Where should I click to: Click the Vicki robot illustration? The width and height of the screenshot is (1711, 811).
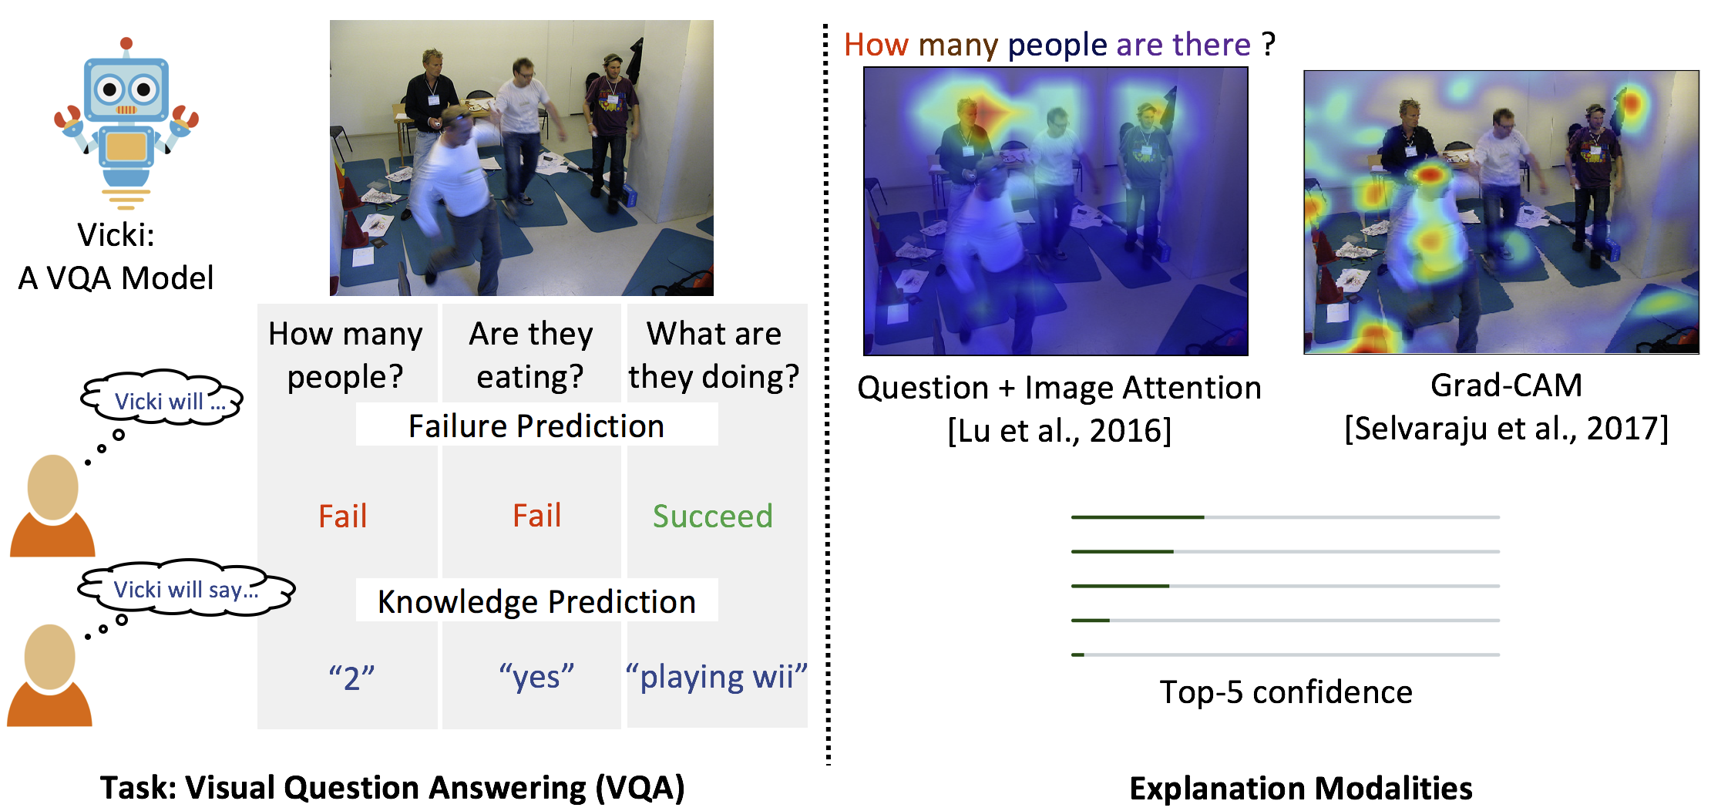126,123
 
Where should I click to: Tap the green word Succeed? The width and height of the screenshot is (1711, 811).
712,516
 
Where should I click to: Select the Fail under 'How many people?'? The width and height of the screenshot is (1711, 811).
343,516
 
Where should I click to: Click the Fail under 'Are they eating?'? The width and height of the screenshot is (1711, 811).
537,515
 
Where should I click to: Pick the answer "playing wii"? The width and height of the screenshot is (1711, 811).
717,676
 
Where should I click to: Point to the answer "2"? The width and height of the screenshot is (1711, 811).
351,678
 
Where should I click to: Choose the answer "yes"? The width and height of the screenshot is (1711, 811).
536,676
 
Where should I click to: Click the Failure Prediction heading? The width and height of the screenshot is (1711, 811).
536,426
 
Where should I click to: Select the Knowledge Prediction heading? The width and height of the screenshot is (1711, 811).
536,601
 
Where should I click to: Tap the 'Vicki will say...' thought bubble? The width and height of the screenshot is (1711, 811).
186,588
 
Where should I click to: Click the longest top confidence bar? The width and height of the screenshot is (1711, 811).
1138,517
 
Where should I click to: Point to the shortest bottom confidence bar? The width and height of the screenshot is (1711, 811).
1077,655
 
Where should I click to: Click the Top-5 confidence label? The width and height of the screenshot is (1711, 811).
1286,692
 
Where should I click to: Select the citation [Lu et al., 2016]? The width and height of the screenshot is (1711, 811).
1059,430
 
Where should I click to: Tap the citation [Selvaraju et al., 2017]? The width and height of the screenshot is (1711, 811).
1506,428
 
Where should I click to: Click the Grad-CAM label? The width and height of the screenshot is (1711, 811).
1506,385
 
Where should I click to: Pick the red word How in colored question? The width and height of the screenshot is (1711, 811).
876,45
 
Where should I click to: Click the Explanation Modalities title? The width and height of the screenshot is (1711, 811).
1301,788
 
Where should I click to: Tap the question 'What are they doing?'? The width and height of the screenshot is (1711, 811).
714,355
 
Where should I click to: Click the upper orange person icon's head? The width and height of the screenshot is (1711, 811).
52,488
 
